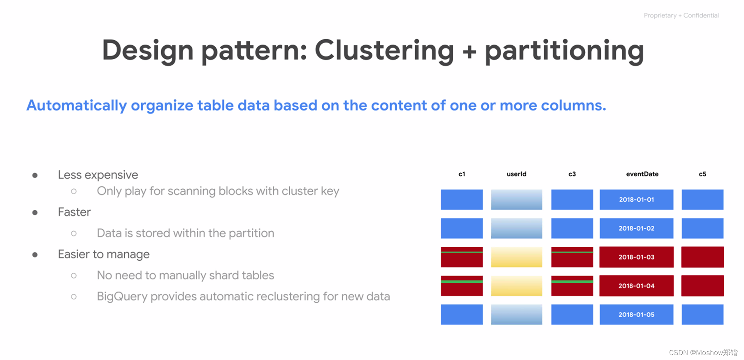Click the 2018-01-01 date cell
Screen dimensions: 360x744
636,200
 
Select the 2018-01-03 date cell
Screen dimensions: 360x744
636,257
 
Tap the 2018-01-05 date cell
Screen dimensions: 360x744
636,315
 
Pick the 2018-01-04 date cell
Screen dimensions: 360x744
636,286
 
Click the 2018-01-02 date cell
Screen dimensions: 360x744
636,228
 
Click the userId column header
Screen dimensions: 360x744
516,174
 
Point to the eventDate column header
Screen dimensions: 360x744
642,174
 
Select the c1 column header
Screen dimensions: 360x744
462,174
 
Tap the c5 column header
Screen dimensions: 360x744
702,174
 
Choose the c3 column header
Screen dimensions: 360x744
572,174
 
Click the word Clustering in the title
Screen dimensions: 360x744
384,51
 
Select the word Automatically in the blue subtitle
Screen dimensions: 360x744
77,106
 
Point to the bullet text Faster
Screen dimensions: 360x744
74,212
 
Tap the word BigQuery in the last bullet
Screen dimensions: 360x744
122,297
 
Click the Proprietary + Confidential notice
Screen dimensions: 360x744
681,15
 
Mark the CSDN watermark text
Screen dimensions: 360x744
703,353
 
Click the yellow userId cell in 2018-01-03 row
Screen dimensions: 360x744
516,257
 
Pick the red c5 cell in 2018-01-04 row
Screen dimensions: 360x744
702,286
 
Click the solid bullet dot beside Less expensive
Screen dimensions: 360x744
35,175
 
